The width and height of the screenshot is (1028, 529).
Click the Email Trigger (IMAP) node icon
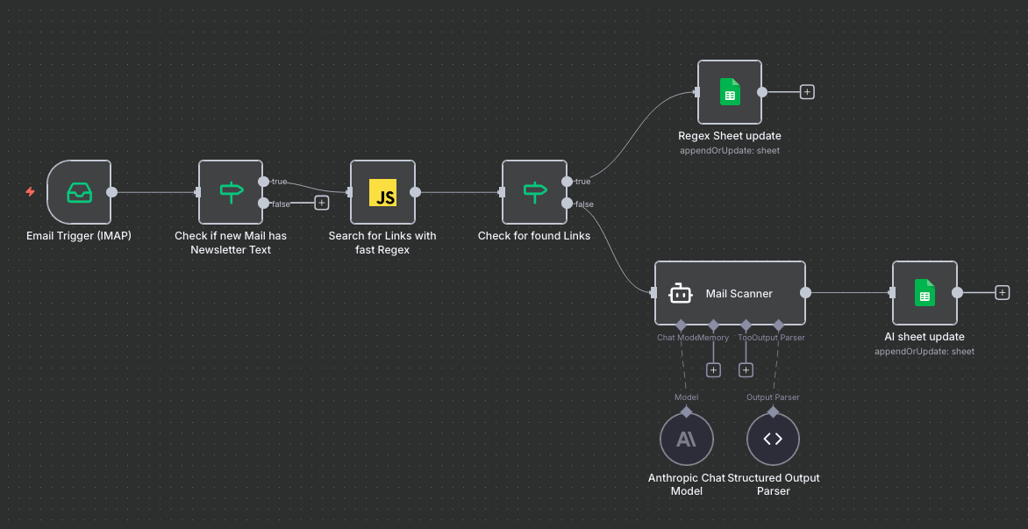point(79,192)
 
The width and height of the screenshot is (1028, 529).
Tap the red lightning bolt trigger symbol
point(30,191)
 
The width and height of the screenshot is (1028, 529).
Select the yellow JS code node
point(382,192)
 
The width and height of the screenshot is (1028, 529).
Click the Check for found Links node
point(534,192)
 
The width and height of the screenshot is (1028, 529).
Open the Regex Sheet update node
point(730,92)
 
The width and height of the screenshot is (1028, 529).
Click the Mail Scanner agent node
point(730,293)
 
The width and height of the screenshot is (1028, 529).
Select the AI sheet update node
point(924,293)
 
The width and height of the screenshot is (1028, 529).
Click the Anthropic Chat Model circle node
point(686,439)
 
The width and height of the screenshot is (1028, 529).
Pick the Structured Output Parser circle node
point(773,439)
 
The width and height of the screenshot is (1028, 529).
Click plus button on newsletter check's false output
point(321,204)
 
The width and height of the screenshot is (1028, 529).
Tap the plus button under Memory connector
point(713,370)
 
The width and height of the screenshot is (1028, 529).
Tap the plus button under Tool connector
point(746,370)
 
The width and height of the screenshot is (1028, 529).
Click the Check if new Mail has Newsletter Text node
point(231,192)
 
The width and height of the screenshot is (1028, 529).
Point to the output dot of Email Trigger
point(111,192)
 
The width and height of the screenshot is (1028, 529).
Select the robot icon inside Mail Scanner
point(682,293)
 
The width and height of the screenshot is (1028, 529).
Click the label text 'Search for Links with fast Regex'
point(382,242)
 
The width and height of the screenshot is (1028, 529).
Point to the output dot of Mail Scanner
point(806,293)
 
